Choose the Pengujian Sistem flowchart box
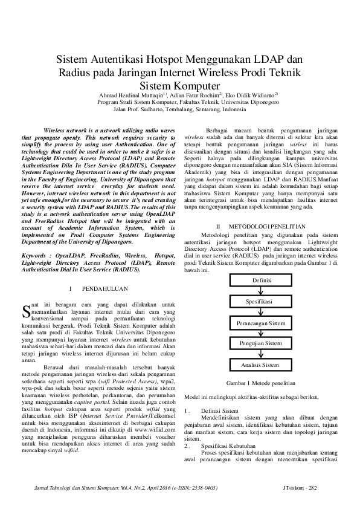tap(260, 343)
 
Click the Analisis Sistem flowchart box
tap(260, 365)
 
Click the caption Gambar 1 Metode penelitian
tap(260, 383)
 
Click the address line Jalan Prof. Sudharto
tap(179, 110)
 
